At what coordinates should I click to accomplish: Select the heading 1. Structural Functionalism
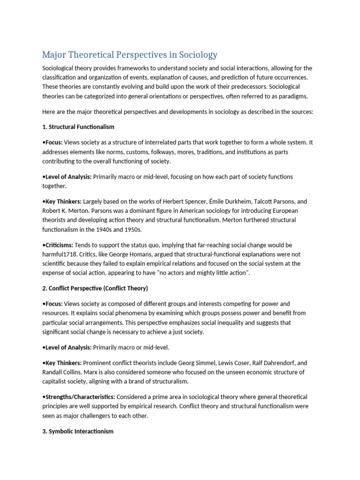[x=78, y=127]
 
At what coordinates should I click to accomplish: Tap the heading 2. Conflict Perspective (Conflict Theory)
[x=95, y=288]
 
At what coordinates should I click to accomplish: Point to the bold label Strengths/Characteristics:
[x=78, y=397]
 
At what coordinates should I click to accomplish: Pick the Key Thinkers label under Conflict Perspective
[x=63, y=363]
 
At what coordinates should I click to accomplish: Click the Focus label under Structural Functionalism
[x=53, y=142]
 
